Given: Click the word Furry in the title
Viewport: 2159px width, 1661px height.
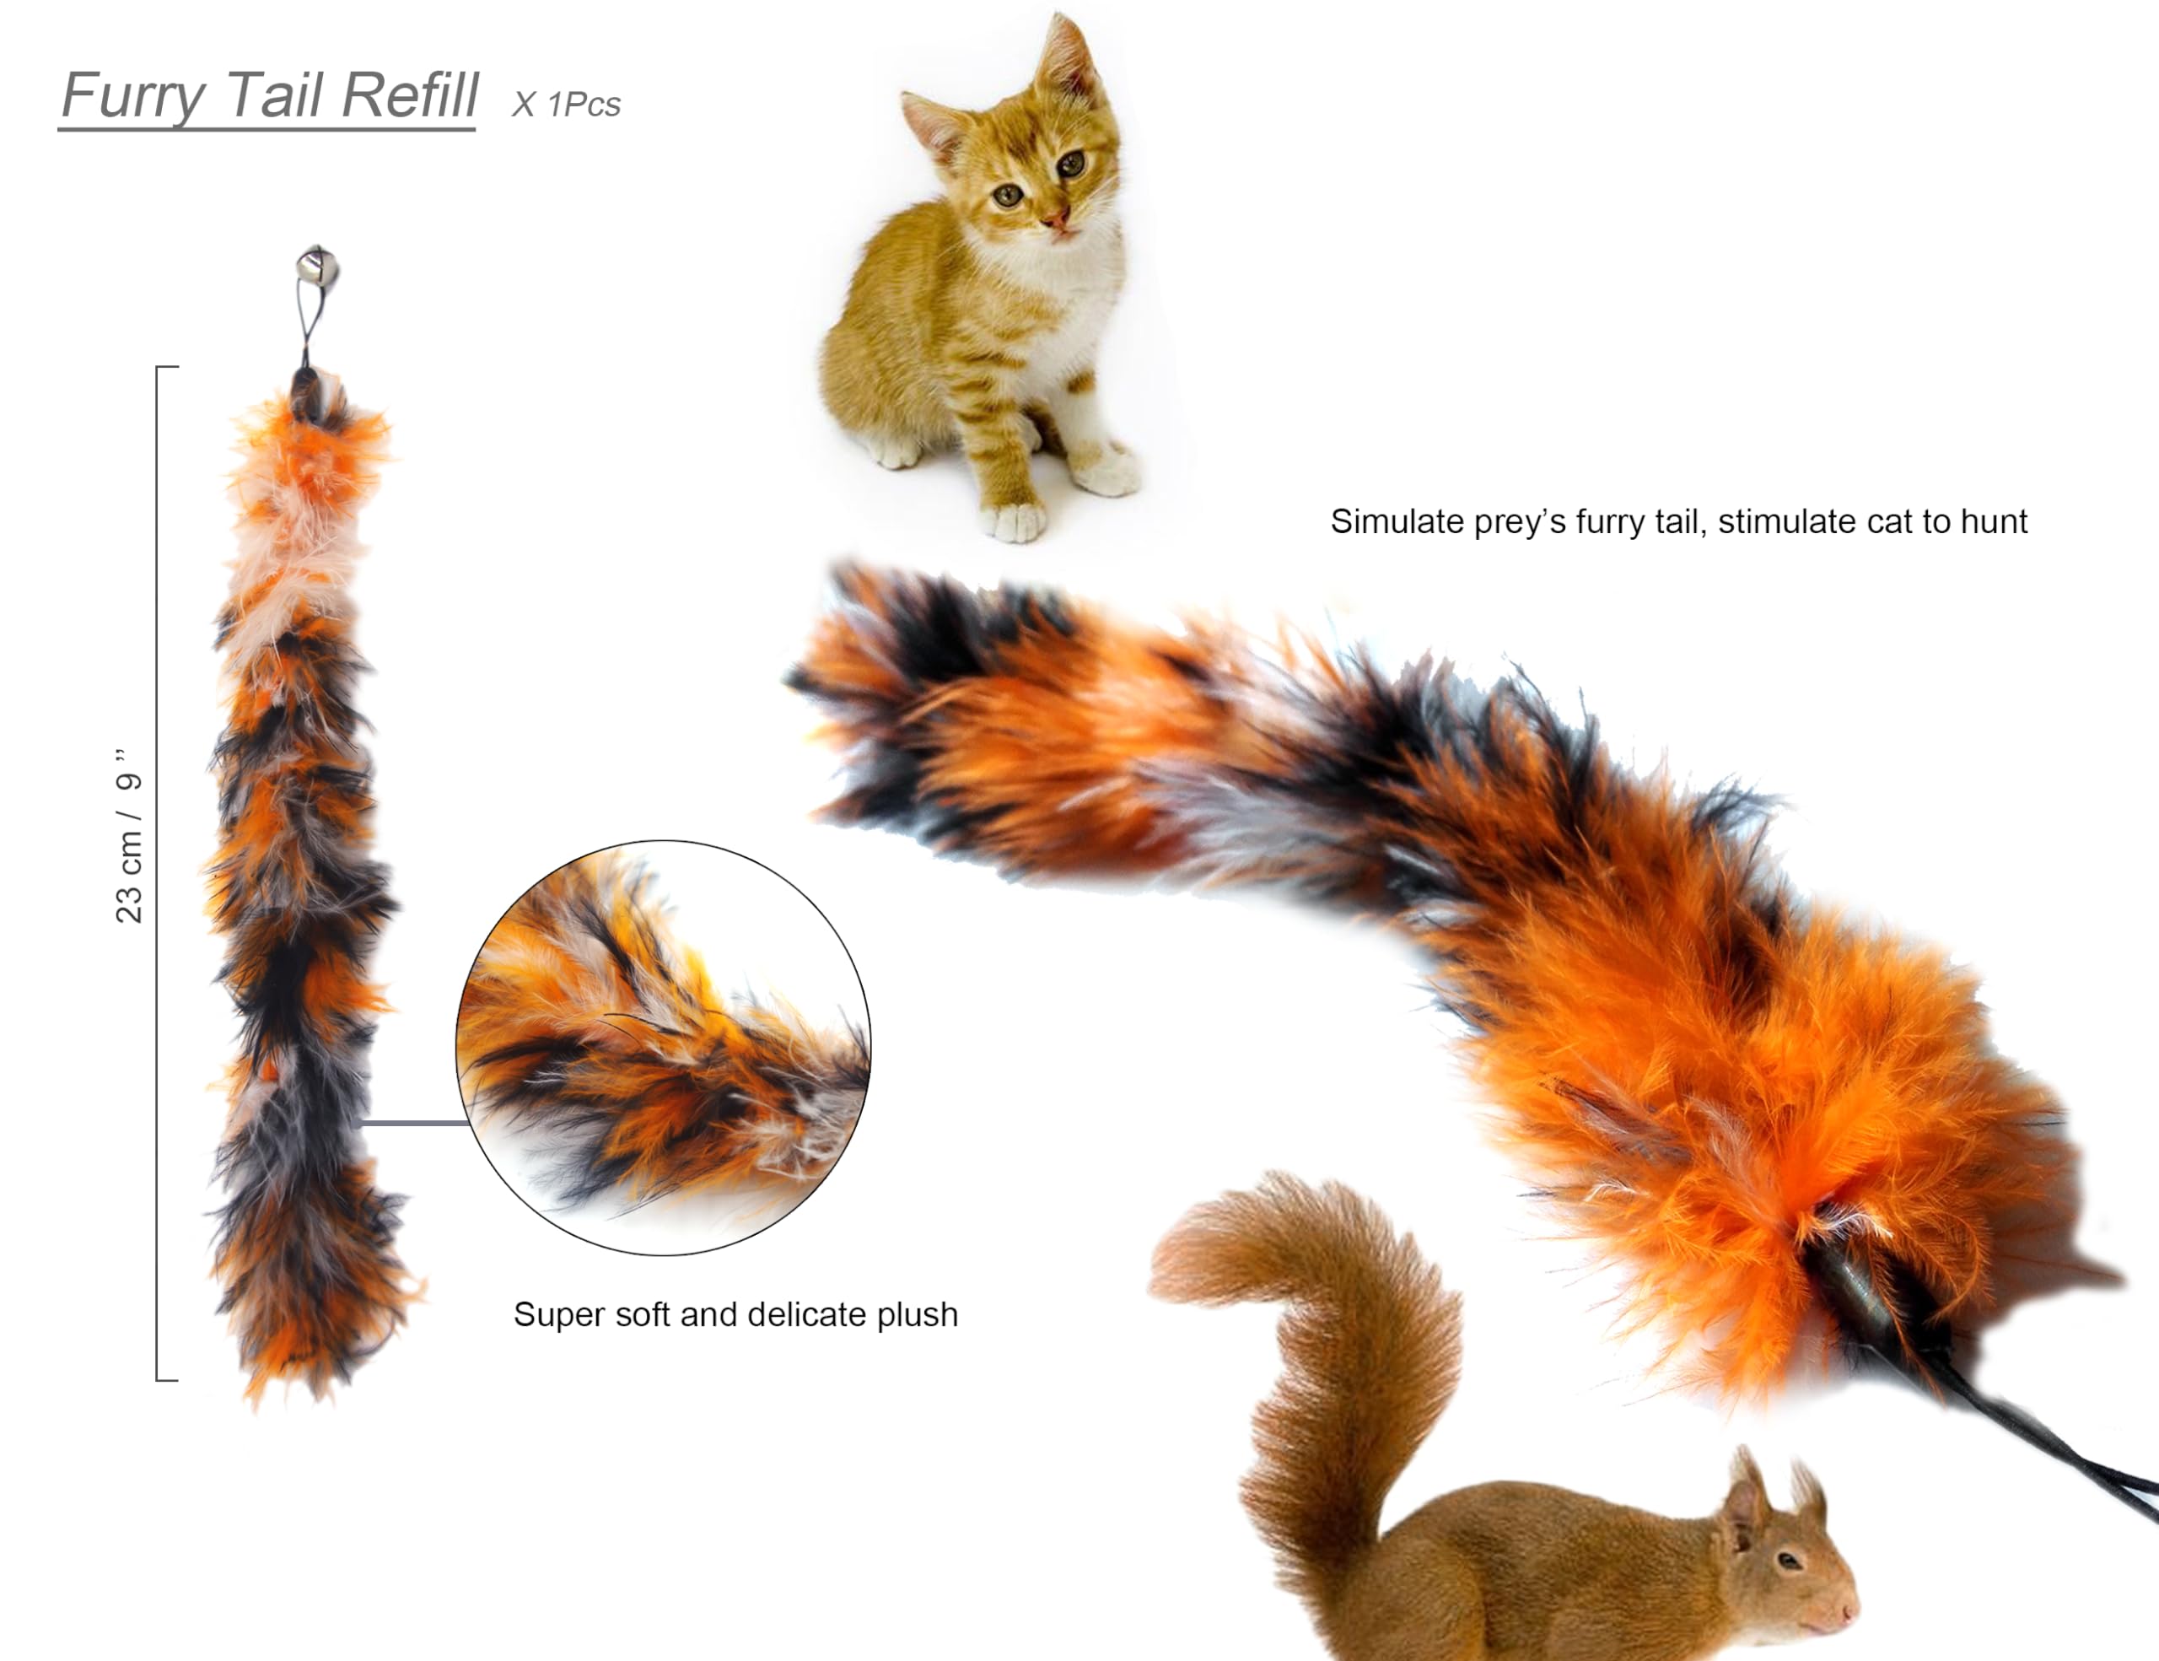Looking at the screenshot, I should [x=133, y=96].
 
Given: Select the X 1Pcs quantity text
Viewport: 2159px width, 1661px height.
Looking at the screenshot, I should [x=565, y=104].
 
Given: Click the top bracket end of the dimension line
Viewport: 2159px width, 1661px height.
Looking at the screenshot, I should [x=166, y=368].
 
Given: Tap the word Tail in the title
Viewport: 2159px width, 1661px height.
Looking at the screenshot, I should [x=268, y=96].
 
